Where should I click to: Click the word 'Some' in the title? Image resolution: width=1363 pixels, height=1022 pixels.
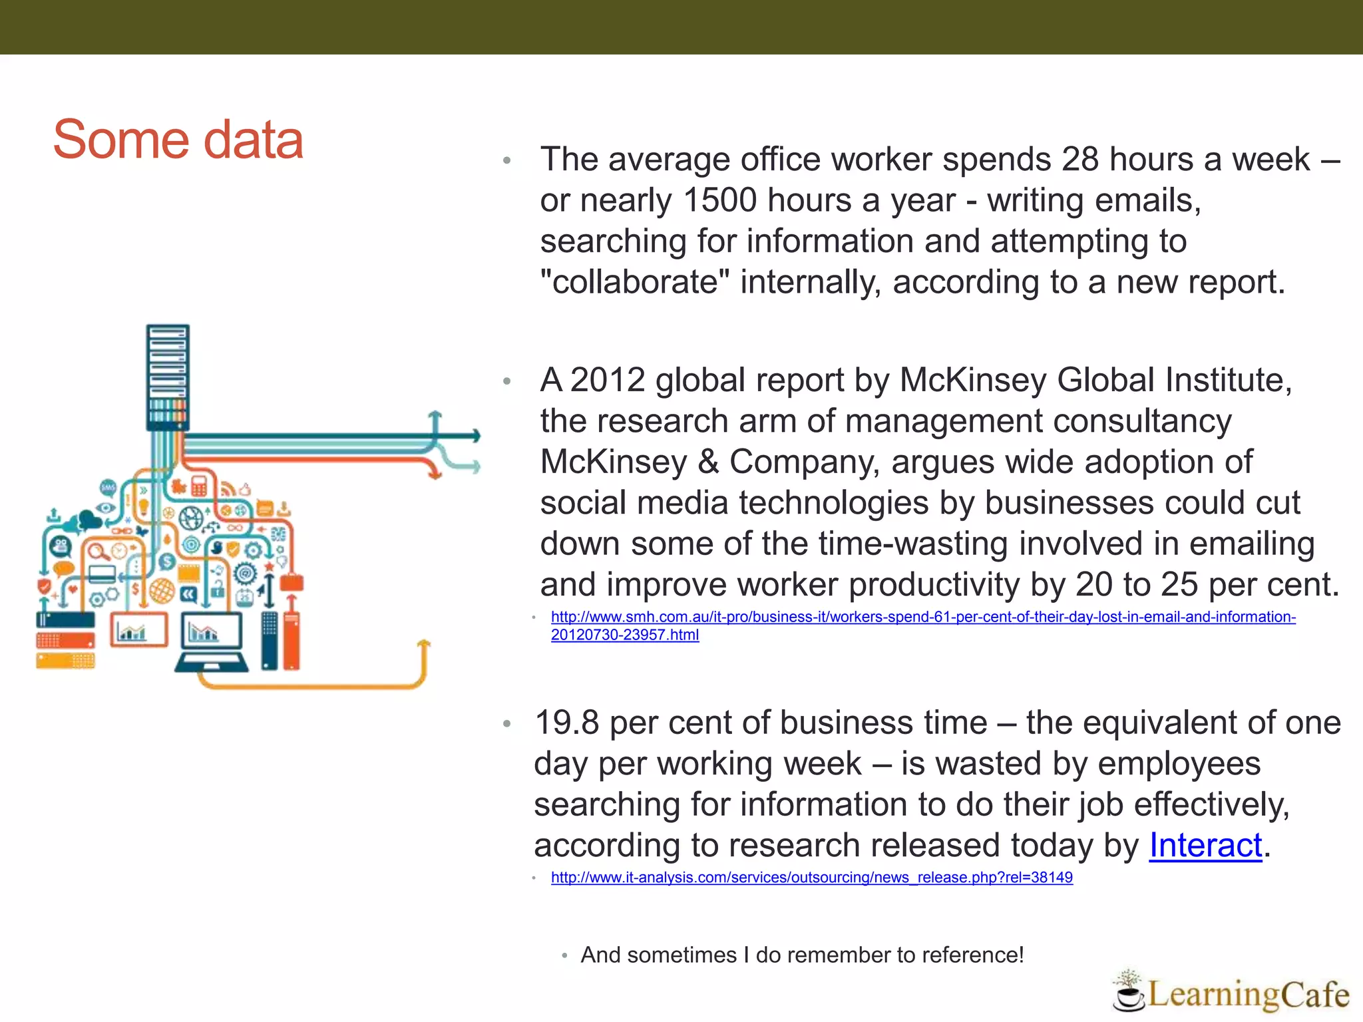[120, 140]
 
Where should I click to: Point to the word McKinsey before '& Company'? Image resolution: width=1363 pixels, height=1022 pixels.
[613, 462]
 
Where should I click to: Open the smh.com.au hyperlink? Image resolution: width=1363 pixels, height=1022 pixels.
[922, 617]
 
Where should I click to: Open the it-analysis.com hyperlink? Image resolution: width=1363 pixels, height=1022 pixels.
[811, 878]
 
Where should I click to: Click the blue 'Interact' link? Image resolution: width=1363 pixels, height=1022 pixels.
[1205, 846]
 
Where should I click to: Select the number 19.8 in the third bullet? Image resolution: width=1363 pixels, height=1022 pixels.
[567, 723]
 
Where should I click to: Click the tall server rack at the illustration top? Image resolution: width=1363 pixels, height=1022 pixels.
[168, 376]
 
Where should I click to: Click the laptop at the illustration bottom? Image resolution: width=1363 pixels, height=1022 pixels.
[212, 642]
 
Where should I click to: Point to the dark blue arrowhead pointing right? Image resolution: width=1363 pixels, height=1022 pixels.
[476, 436]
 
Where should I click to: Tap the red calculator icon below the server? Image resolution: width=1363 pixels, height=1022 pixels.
[199, 486]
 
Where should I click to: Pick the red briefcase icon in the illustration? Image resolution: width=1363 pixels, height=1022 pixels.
[292, 583]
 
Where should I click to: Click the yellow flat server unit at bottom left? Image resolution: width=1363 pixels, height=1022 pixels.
[65, 661]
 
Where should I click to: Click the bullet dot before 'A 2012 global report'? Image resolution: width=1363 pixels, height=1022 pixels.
[507, 382]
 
